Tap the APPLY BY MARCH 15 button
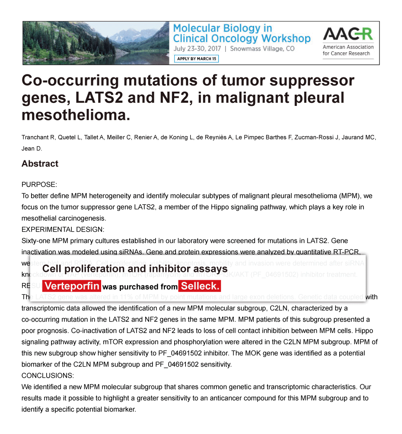click(197, 59)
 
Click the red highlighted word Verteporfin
click(72, 286)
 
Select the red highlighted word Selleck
click(200, 286)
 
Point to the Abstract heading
click(40, 163)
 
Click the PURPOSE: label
click(39, 185)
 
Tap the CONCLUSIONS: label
click(48, 376)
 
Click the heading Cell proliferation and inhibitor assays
click(135, 269)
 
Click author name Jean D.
click(32, 149)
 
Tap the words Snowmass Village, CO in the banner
click(262, 49)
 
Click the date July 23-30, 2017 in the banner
click(198, 49)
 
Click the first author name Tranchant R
click(39, 137)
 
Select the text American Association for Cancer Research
click(348, 50)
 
